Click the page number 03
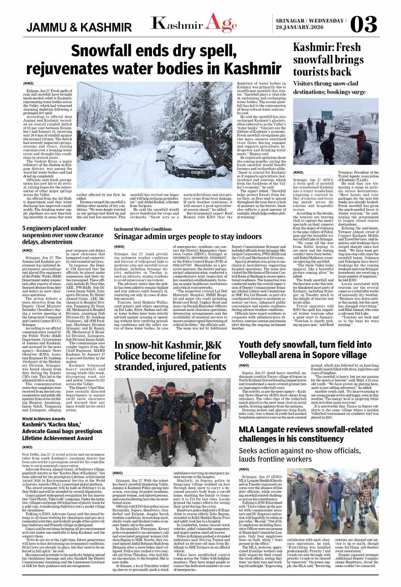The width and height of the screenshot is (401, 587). (363, 24)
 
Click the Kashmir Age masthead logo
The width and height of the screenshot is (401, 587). (194, 23)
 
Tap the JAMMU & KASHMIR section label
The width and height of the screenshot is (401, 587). (79, 27)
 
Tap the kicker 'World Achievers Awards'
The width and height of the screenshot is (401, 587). (44, 419)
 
